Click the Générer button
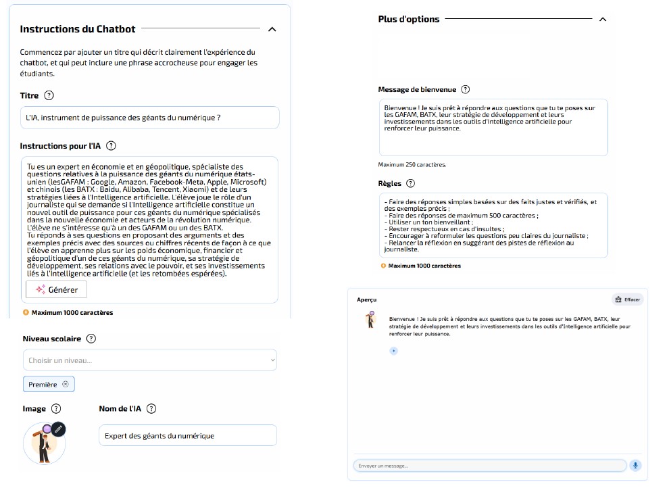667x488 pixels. (57, 289)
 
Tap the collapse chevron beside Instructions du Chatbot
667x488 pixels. (272, 29)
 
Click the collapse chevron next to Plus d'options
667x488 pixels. (603, 19)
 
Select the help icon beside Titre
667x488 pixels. (49, 96)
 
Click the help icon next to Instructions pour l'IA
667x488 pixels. (112, 145)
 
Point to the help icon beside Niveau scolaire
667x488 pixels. (91, 339)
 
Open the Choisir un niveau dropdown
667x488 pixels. (149, 360)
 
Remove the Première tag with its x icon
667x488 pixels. (66, 384)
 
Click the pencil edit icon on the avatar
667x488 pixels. (58, 429)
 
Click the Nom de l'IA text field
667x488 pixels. (188, 435)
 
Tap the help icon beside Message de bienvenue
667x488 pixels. (465, 89)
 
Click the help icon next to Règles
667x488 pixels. (410, 183)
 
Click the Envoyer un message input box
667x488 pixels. (490, 466)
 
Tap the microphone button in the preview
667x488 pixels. (635, 466)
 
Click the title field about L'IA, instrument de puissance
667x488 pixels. (149, 118)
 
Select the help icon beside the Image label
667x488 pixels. (56, 408)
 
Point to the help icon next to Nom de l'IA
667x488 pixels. (151, 408)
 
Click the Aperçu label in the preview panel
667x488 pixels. (367, 299)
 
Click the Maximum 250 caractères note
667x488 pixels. (412, 164)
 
